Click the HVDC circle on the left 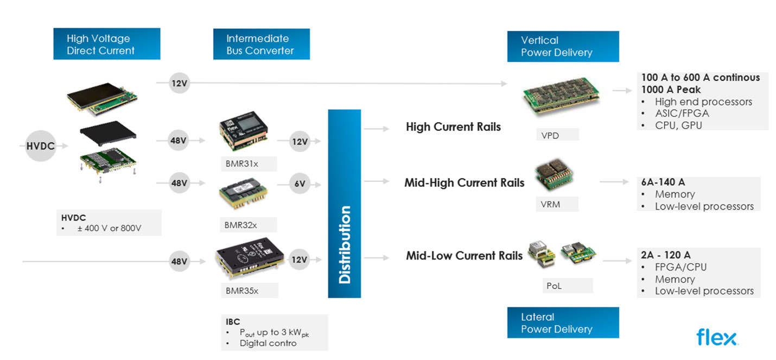(x=40, y=146)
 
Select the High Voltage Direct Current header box (x=106, y=45)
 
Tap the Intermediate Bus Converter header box (x=261, y=45)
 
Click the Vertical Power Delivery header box (x=562, y=47)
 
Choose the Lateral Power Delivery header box (x=562, y=323)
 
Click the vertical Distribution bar (x=344, y=204)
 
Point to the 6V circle (x=300, y=184)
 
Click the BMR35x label (x=242, y=290)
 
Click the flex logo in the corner (x=716, y=337)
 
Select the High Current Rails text (x=453, y=127)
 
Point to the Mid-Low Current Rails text (x=464, y=256)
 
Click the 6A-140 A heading (x=663, y=182)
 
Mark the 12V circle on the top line (x=179, y=83)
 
